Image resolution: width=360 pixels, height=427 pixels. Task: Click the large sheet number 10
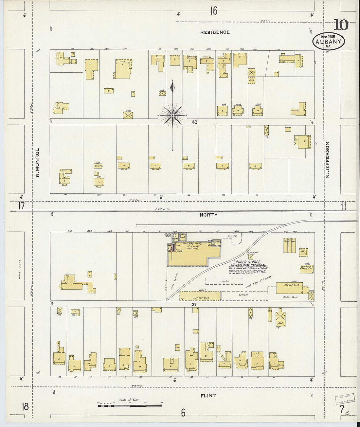point(341,25)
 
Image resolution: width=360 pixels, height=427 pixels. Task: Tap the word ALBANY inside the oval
point(329,42)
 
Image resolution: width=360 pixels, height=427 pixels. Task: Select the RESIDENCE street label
point(215,32)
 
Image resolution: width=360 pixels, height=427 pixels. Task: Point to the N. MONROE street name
point(37,163)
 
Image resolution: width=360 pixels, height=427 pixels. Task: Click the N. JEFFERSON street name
point(327,160)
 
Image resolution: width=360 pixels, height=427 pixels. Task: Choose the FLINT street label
point(208,396)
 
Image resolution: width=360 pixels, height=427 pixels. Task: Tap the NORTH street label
point(208,215)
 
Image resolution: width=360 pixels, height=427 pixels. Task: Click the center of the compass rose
point(172,116)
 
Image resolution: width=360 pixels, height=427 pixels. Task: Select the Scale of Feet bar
point(130,406)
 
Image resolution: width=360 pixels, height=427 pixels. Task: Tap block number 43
point(194,122)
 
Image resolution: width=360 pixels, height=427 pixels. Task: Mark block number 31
point(194,304)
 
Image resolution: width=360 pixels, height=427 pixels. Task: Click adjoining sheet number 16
point(213,11)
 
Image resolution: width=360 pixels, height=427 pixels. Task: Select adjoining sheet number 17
point(22,206)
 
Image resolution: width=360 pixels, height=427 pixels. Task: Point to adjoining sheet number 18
point(25,407)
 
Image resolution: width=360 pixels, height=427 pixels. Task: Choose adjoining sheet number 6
point(183,413)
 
